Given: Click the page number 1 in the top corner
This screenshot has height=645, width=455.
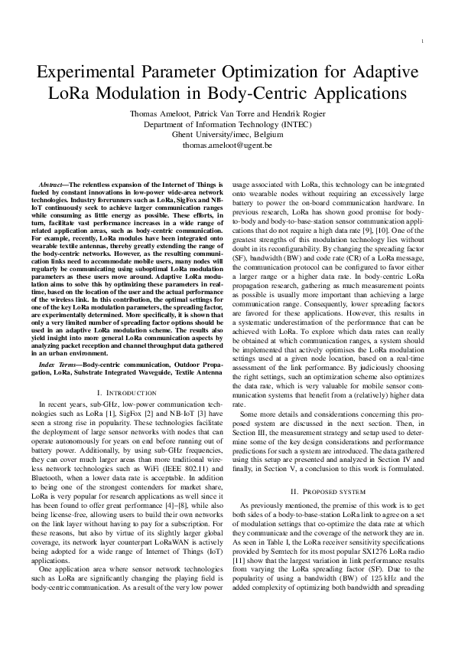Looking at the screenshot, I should click(x=423, y=41).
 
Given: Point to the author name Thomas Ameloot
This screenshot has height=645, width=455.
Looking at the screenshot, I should click(x=158, y=114).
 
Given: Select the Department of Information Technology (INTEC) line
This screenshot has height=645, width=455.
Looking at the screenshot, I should click(x=228, y=124).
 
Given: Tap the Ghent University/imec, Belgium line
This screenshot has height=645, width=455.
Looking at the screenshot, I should click(x=228, y=134).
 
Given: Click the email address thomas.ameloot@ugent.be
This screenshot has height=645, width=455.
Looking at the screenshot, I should click(x=228, y=144).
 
